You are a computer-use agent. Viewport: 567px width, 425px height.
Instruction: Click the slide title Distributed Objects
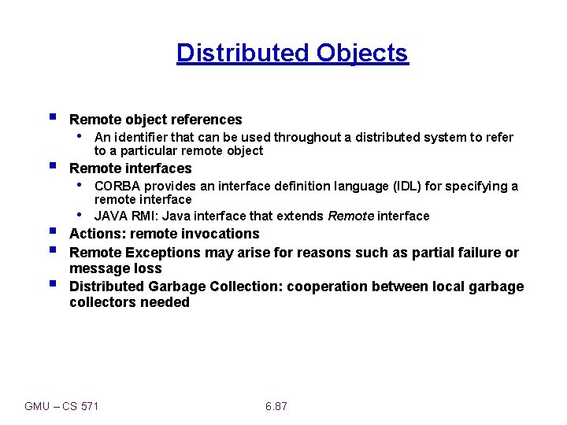click(x=292, y=53)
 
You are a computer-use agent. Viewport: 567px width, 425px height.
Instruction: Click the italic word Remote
click(x=351, y=216)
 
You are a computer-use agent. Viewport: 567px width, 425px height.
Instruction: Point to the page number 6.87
click(x=276, y=406)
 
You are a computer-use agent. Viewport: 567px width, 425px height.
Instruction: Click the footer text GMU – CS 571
click(x=61, y=406)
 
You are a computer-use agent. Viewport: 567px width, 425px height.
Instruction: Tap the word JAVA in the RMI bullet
click(x=110, y=216)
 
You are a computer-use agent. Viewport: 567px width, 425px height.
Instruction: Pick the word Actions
click(x=98, y=234)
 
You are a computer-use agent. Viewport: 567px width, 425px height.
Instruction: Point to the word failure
click(x=477, y=253)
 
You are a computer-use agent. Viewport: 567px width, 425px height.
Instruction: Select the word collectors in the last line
click(x=102, y=302)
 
